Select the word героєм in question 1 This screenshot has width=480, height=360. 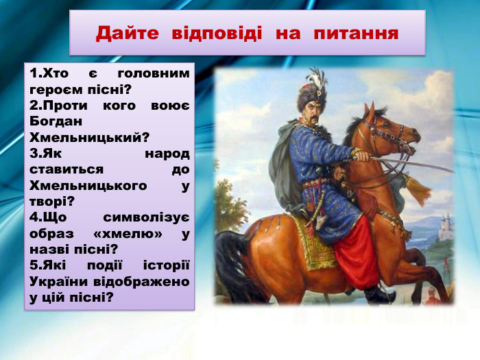(x=56, y=89)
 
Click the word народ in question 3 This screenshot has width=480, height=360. (x=167, y=153)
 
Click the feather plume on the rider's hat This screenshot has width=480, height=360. (x=316, y=79)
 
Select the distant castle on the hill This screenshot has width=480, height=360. (x=446, y=226)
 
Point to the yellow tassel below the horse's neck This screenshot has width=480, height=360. (x=418, y=189)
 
